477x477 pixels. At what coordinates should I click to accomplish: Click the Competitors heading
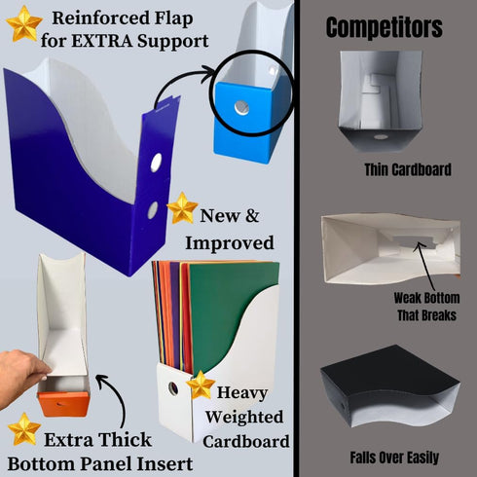click(384, 28)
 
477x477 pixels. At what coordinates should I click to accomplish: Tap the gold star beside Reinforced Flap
click(24, 23)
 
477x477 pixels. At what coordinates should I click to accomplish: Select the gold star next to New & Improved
click(182, 208)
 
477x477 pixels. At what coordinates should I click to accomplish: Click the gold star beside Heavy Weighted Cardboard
click(201, 385)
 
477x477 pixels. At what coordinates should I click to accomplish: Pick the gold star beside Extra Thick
click(24, 429)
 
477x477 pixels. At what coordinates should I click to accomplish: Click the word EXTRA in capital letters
click(101, 41)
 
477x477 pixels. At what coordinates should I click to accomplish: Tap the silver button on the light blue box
click(241, 108)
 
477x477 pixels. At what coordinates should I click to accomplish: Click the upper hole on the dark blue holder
click(156, 163)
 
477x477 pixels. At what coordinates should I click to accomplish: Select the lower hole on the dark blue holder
click(153, 210)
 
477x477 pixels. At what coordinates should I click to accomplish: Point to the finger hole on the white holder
click(173, 388)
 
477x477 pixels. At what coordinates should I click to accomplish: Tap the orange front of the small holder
click(63, 404)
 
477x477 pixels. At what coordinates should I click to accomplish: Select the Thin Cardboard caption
click(408, 169)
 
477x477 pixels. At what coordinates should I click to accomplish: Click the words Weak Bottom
click(426, 298)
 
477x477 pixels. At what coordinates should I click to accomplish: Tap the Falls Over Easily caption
click(394, 458)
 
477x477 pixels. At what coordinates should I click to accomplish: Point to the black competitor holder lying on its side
click(389, 386)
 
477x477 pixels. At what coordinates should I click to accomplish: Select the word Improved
click(230, 243)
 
